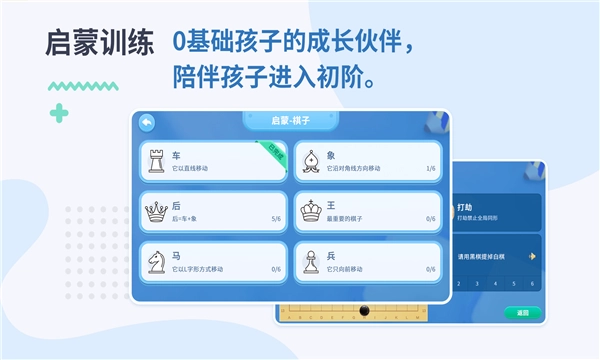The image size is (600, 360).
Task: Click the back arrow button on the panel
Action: tap(147, 122)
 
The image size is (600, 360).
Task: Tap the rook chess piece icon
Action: tap(156, 162)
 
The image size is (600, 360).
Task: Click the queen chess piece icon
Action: tap(156, 211)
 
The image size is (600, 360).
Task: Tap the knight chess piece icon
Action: tap(156, 261)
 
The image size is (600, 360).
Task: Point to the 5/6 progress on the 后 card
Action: tap(276, 218)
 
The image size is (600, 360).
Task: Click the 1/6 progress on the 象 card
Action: tap(430, 169)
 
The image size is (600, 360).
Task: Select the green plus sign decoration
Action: tap(61, 113)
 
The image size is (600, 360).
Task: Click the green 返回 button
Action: tap(522, 313)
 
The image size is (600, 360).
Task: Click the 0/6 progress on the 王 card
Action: tap(430, 218)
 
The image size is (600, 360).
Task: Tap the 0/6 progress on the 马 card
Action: tap(276, 268)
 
